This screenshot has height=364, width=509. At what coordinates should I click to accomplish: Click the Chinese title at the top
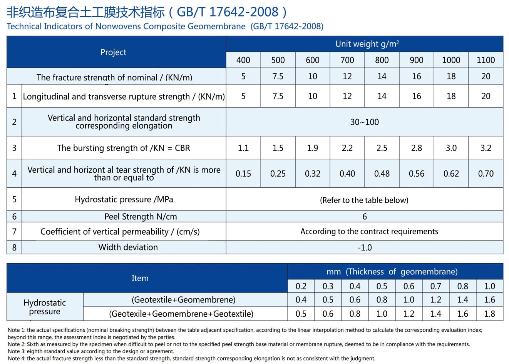tap(147, 12)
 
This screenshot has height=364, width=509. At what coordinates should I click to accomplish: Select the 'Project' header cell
tap(113, 52)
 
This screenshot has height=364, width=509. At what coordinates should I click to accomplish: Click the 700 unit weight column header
tap(347, 60)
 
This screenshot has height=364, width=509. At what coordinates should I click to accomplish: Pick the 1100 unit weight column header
tap(486, 60)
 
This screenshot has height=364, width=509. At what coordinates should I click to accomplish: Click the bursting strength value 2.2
tap(347, 148)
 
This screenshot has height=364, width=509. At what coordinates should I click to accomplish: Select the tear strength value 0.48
tap(382, 174)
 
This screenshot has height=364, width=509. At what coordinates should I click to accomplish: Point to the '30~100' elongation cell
tap(364, 122)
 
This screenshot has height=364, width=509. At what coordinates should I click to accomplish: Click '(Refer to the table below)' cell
tap(364, 200)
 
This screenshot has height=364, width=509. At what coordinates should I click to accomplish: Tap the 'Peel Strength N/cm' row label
tap(141, 217)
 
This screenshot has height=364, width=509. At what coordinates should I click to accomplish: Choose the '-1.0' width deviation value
tap(364, 248)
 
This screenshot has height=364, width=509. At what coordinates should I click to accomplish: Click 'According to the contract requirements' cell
tap(369, 232)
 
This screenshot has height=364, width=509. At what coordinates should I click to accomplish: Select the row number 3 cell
tap(14, 148)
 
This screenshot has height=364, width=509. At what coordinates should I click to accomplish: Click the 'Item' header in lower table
tap(140, 278)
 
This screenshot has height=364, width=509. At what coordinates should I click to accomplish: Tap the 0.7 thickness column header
tap(435, 286)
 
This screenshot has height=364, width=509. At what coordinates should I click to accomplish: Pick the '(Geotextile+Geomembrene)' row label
tap(183, 300)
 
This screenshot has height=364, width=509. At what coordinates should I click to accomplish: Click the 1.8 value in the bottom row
tap(489, 314)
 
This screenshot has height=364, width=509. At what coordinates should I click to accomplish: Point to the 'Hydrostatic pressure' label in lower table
tap(45, 307)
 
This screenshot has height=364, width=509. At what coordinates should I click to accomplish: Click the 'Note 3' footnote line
tap(91, 351)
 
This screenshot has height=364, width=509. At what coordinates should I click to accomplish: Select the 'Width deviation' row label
tap(128, 247)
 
